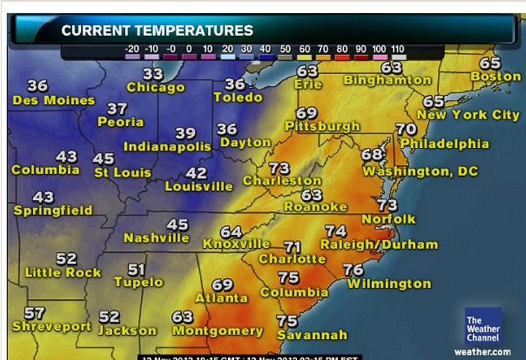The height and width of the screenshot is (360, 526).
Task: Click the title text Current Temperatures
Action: pyautogui.click(x=157, y=30)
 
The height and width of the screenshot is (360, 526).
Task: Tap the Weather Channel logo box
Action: pyautogui.click(x=483, y=326)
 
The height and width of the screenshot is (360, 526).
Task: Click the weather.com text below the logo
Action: pyautogui.click(x=483, y=351)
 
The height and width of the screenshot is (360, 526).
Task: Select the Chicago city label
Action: pyautogui.click(x=156, y=87)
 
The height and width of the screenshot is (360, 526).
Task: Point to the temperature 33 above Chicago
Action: pyautogui.click(x=153, y=74)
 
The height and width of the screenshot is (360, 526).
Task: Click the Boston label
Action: pyautogui.click(x=495, y=76)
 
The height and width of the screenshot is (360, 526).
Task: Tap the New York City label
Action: pyautogui.click(x=469, y=115)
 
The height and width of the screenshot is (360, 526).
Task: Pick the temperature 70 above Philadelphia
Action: pyautogui.click(x=406, y=129)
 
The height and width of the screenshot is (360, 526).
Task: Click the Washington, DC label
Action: pyautogui.click(x=421, y=171)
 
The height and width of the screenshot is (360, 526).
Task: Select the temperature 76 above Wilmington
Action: pyautogui.click(x=353, y=270)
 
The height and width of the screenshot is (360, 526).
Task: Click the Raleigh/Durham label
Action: pyautogui.click(x=379, y=244)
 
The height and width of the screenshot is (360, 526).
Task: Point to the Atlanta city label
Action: pyautogui.click(x=222, y=298)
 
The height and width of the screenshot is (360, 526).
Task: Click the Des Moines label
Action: pyautogui.click(x=53, y=101)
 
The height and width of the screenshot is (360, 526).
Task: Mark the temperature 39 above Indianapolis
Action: pyautogui.click(x=185, y=133)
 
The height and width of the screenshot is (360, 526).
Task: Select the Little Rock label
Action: pyautogui.click(x=63, y=272)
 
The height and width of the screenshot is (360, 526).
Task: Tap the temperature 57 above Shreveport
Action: pyautogui.click(x=34, y=313)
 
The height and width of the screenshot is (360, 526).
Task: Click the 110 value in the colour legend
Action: pyautogui.click(x=398, y=49)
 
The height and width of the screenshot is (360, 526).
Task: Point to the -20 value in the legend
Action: pyautogui.click(x=131, y=49)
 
